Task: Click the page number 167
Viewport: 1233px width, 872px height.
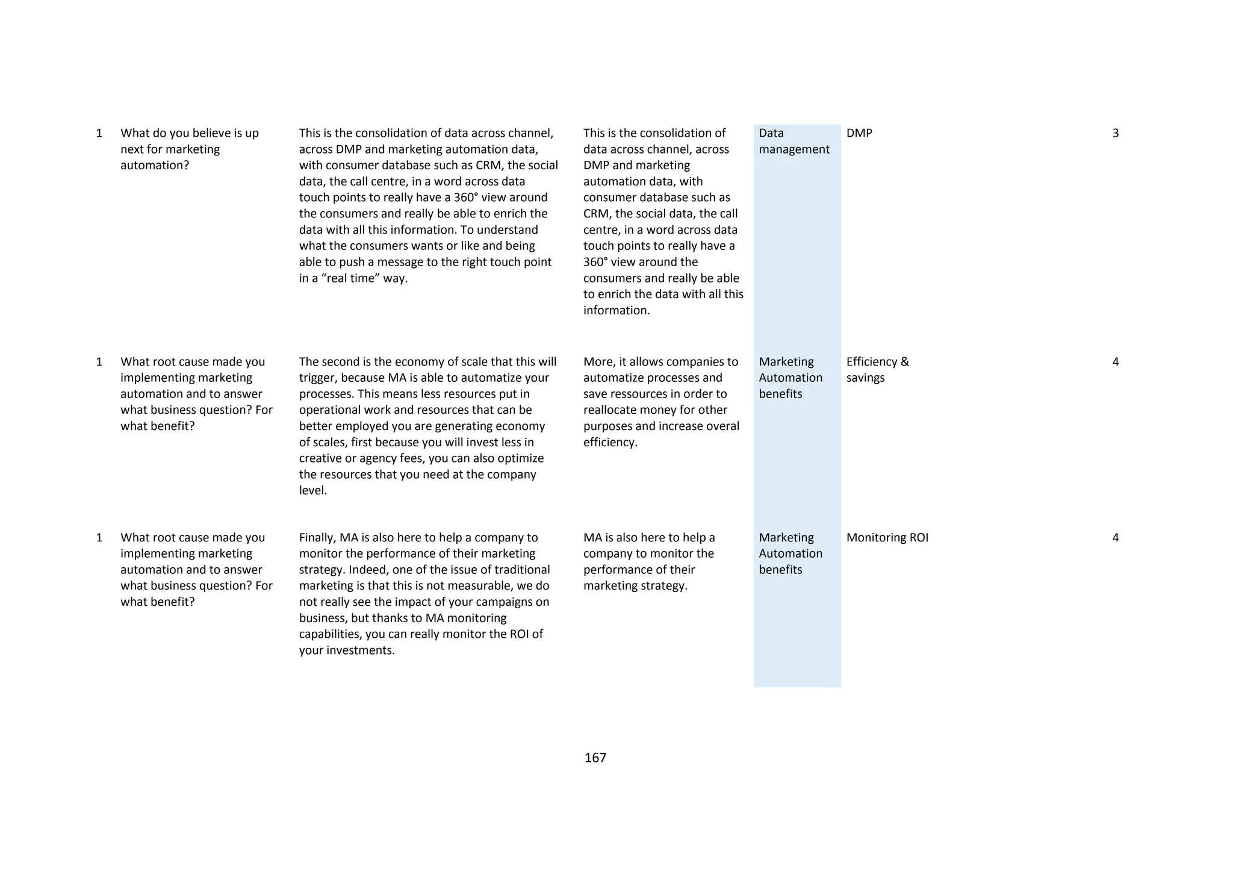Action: coord(595,758)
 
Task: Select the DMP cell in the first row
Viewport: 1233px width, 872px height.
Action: coord(859,133)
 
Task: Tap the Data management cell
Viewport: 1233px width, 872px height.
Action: coord(794,141)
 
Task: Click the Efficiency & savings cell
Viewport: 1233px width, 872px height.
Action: coord(877,370)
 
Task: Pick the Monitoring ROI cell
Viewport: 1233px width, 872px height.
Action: coord(887,537)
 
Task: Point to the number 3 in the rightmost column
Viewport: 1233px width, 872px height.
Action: coord(1115,133)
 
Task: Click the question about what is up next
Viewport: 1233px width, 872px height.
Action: coord(189,149)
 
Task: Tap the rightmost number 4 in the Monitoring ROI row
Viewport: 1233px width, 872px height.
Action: coord(1115,537)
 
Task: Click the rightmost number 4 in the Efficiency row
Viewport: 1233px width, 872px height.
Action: coord(1115,362)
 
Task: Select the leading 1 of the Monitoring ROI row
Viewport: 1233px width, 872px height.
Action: coord(99,537)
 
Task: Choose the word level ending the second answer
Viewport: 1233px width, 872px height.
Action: coord(312,491)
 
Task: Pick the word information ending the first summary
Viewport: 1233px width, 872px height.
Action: coord(616,311)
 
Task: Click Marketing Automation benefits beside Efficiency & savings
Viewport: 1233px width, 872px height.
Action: coord(790,378)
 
